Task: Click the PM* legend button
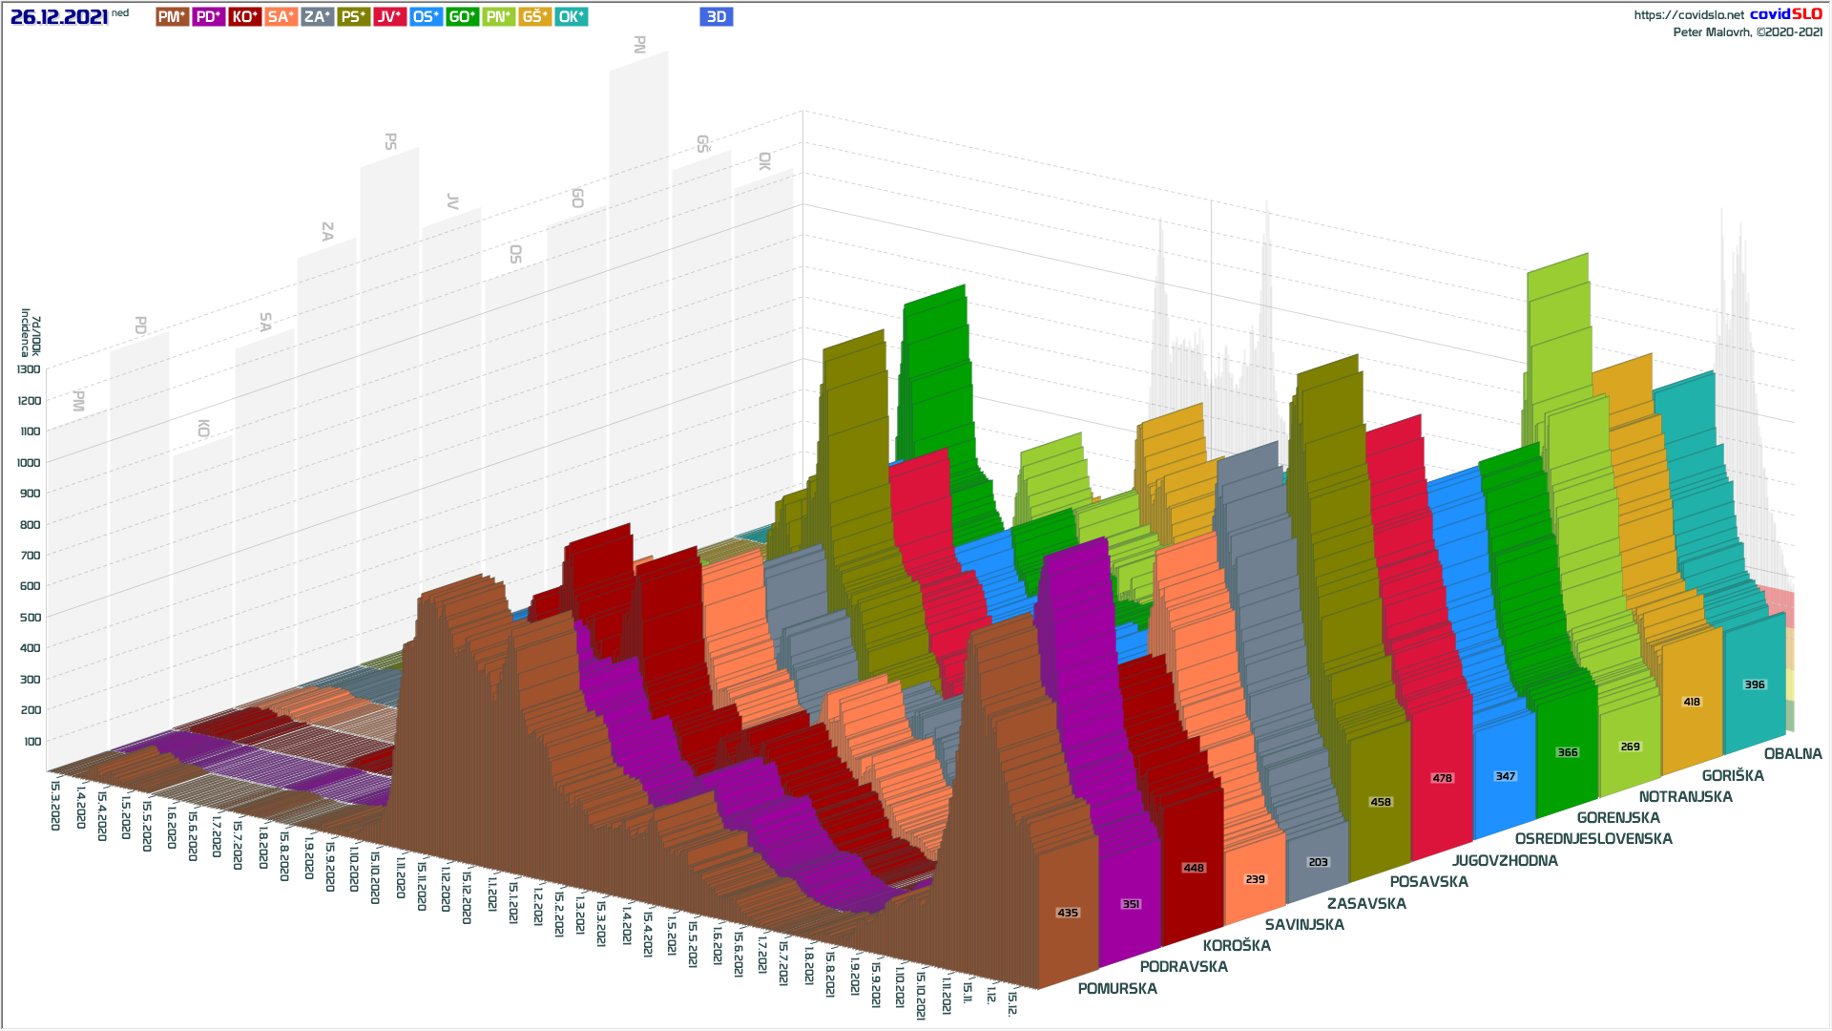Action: click(172, 17)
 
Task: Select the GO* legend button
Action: click(462, 17)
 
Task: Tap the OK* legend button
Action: click(571, 17)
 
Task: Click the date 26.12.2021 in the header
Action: click(59, 17)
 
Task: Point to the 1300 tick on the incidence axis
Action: click(30, 369)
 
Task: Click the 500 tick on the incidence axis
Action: click(30, 617)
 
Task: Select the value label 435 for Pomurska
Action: click(1068, 913)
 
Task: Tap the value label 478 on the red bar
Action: click(1442, 778)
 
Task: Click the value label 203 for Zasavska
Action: click(1318, 862)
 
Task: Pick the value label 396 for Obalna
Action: click(1754, 684)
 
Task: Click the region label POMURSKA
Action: click(1117, 989)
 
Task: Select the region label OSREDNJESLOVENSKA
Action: click(1593, 839)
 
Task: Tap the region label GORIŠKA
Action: click(1733, 776)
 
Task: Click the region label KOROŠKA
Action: click(1237, 946)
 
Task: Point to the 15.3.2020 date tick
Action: click(55, 806)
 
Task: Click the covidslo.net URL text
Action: click(1688, 15)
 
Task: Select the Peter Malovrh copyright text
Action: click(1747, 32)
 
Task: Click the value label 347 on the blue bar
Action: click(1505, 776)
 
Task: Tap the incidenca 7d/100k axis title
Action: click(31, 332)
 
